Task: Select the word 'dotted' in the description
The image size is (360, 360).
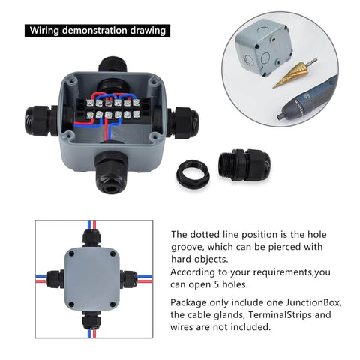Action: click(x=205, y=234)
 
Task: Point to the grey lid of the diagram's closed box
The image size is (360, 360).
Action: click(x=94, y=277)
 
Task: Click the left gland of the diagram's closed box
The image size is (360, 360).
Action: click(x=54, y=278)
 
